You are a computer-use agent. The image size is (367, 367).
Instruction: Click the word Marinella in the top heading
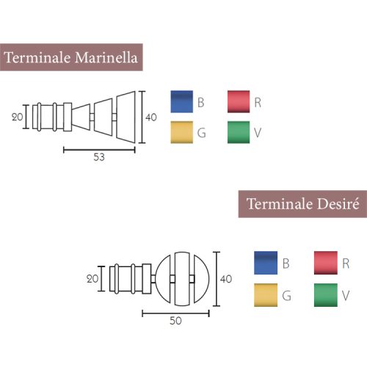106,58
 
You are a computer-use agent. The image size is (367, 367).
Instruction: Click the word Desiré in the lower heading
338,204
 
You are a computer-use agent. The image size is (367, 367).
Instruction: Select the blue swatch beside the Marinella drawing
182,102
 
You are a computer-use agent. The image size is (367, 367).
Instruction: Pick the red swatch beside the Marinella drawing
239,102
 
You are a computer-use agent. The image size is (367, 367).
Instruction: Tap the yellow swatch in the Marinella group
182,132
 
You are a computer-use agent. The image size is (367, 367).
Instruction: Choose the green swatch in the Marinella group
239,132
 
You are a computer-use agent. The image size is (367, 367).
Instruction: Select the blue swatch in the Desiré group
266,263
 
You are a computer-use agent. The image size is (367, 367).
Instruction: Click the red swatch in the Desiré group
326,263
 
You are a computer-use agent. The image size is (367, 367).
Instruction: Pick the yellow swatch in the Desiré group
266,295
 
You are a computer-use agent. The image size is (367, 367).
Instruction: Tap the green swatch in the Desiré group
326,295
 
